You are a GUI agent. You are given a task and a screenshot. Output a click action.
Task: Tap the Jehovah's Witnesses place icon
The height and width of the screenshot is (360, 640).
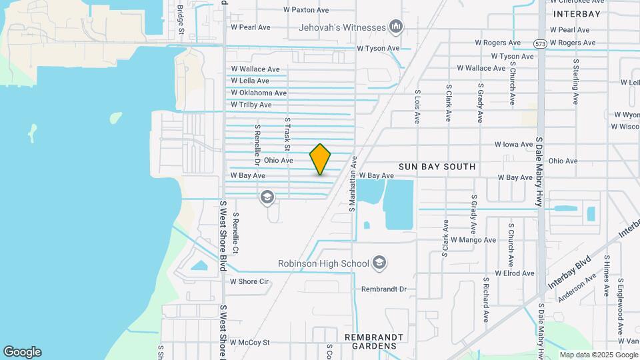pos(397,27)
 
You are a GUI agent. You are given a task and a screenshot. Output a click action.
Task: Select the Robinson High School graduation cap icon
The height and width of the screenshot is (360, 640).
pos(379,263)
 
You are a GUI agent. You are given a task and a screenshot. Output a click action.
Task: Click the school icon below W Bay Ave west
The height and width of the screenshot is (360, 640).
pos(267,196)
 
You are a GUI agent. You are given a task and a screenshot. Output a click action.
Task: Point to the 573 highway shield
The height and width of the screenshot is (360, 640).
pos(540,43)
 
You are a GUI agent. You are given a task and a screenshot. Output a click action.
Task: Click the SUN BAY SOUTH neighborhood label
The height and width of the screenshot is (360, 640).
pos(437,167)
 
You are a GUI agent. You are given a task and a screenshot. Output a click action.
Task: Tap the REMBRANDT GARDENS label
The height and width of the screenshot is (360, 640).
pos(379,341)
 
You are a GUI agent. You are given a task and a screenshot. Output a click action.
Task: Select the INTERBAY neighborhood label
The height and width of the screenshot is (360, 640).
pos(577,13)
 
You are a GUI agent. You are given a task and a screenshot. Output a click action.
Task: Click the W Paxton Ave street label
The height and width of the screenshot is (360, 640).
pos(306,10)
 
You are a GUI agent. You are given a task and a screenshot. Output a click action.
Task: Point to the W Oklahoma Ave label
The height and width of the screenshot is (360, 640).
pos(259,93)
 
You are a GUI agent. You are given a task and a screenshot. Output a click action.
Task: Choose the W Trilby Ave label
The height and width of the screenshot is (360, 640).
pos(251,105)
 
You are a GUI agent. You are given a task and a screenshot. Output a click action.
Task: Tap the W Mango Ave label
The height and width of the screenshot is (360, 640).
pos(473,239)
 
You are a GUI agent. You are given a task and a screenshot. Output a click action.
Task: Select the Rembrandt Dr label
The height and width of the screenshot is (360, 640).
pos(383,289)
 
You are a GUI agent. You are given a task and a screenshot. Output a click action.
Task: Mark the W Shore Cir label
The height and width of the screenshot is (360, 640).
pos(249,281)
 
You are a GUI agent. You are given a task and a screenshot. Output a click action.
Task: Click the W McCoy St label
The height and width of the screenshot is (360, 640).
pos(249,342)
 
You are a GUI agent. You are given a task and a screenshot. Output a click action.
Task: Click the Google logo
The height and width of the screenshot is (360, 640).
pos(22,352)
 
